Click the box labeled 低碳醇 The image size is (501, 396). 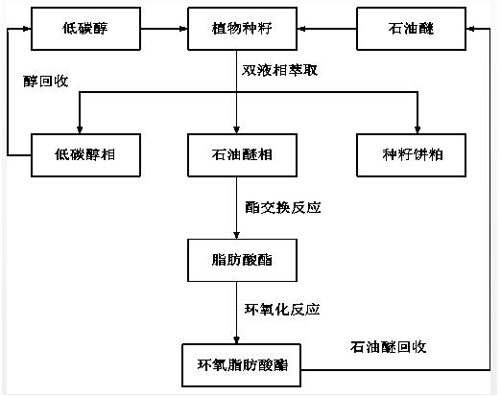(85, 29)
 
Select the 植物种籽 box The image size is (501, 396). (242, 29)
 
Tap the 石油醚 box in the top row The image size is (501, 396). (411, 29)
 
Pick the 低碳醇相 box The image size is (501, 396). (85, 155)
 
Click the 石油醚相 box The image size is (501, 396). (242, 155)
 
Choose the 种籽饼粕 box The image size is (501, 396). (411, 155)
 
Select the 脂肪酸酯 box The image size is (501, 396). (242, 260)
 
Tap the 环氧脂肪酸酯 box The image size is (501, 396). (241, 365)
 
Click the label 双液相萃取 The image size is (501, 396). (279, 70)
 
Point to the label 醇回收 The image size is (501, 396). (46, 82)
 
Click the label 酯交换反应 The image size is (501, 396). (283, 208)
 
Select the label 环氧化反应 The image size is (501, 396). (282, 310)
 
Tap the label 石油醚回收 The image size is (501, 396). (388, 347)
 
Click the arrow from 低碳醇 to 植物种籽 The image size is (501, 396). (164, 29)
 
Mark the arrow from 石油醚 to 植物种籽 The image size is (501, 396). (326, 29)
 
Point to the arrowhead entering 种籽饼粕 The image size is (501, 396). (417, 129)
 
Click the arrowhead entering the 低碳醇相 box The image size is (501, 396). (80, 129)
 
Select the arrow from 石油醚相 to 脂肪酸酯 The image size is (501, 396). (236, 208)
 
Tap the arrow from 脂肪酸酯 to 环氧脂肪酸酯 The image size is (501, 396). (236, 313)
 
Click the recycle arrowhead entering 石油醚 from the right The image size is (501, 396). (470, 29)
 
